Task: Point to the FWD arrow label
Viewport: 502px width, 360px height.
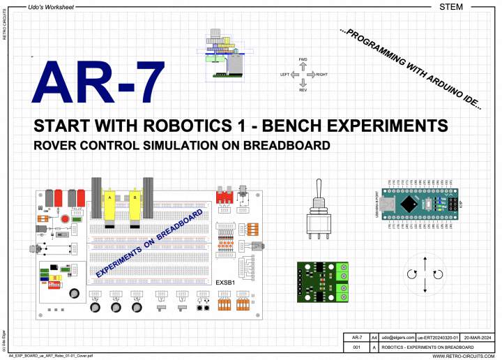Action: pyautogui.click(x=303, y=60)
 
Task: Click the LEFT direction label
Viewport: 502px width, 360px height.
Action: pyautogui.click(x=284, y=74)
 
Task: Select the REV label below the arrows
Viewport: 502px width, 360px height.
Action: pyautogui.click(x=303, y=90)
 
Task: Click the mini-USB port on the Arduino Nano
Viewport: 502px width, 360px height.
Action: pyautogui.click(x=386, y=204)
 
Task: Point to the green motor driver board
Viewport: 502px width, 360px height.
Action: pyautogui.click(x=322, y=281)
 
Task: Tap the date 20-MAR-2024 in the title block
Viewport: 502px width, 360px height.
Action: pyautogui.click(x=476, y=337)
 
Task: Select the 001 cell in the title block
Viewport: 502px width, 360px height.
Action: pyautogui.click(x=356, y=347)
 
